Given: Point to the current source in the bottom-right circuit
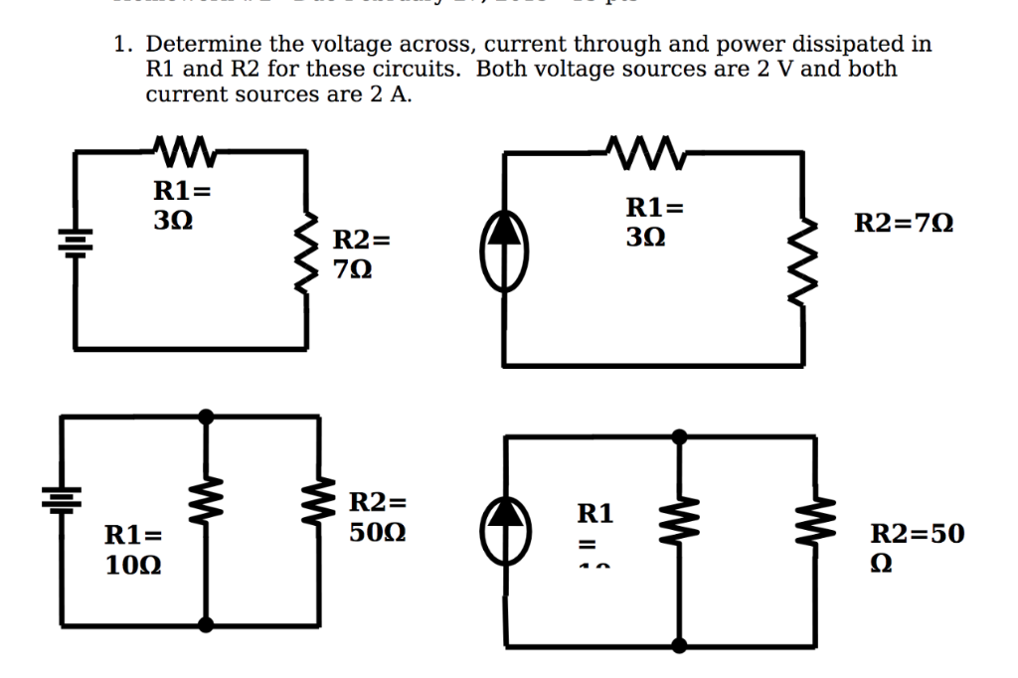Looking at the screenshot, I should (507, 526).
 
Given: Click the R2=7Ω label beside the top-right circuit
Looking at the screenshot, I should (904, 224).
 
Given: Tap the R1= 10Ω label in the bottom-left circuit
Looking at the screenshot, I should (134, 551).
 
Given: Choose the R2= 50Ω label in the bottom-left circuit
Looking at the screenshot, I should (378, 517).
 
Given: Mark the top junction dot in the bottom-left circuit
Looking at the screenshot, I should (206, 416).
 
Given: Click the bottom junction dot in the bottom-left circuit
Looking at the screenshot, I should (206, 624).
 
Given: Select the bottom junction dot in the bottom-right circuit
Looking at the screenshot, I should (679, 645).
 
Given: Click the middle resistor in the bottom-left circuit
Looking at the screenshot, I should (206, 518).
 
